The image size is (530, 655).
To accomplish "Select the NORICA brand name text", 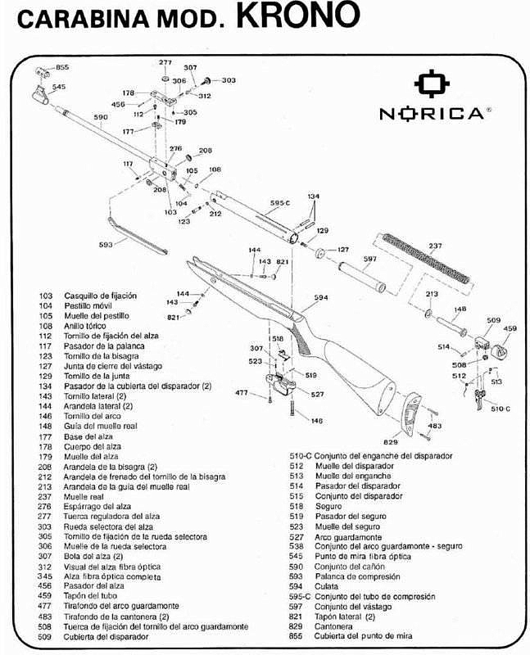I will point(431,114).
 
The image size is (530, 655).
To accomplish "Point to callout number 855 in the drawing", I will point(62,66).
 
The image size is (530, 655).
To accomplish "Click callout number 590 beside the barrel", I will point(101,118).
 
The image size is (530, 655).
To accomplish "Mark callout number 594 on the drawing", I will point(320,298).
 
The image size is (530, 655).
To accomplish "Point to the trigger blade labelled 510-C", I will point(478,400).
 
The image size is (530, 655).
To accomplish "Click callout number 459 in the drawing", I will point(510,329).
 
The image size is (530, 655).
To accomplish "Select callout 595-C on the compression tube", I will point(280,202).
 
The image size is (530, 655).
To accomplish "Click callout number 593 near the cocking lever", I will point(106,243).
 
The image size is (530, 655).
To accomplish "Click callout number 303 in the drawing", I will point(229,80).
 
